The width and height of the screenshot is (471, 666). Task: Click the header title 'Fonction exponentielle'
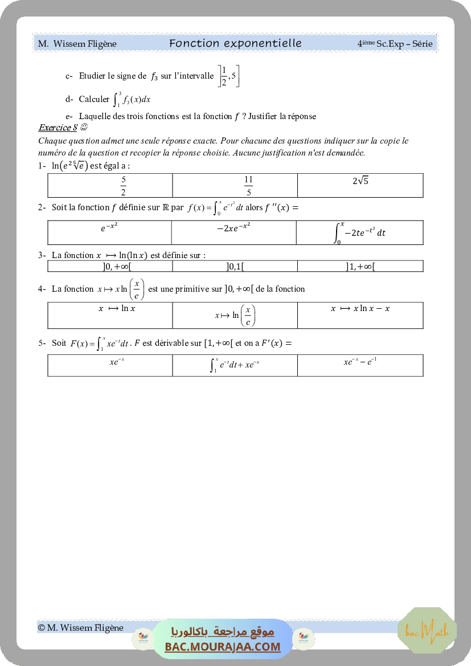tap(235, 43)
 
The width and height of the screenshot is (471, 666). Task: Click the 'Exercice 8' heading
tap(58, 128)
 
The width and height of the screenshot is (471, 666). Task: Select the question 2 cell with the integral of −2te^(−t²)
tap(360, 232)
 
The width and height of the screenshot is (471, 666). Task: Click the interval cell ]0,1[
tap(235, 266)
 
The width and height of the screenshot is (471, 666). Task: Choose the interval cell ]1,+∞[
tap(360, 266)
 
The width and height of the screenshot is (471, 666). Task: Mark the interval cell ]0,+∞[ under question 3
tap(110, 266)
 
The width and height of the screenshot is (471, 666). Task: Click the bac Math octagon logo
tap(427, 630)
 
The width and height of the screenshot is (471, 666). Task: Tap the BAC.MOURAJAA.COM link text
tap(223, 647)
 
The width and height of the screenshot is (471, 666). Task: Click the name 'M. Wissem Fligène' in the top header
tap(77, 44)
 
